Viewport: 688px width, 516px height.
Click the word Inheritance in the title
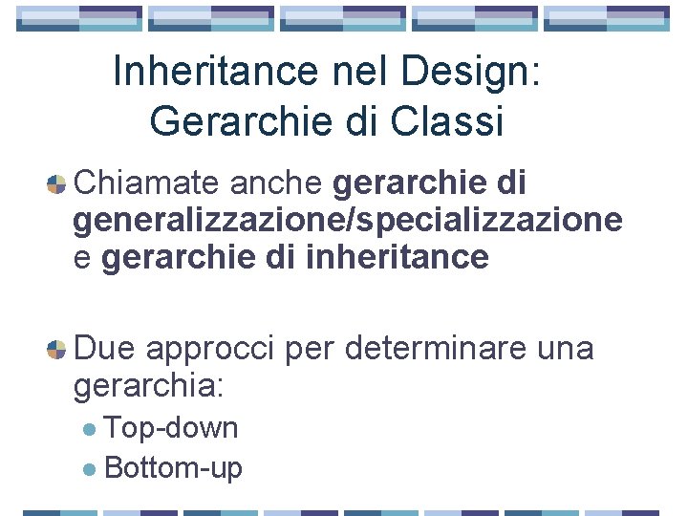click(x=212, y=72)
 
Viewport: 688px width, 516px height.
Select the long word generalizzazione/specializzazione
click(x=348, y=221)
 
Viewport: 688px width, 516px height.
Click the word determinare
click(x=436, y=349)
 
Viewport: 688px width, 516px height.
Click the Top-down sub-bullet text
click(x=172, y=428)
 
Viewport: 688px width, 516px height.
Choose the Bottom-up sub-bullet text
click(x=174, y=467)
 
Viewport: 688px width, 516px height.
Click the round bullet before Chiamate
click(x=56, y=183)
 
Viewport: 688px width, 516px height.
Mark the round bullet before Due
click(x=56, y=350)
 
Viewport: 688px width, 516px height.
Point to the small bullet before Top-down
click(x=89, y=430)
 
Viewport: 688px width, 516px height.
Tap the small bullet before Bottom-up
click(x=89, y=469)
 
